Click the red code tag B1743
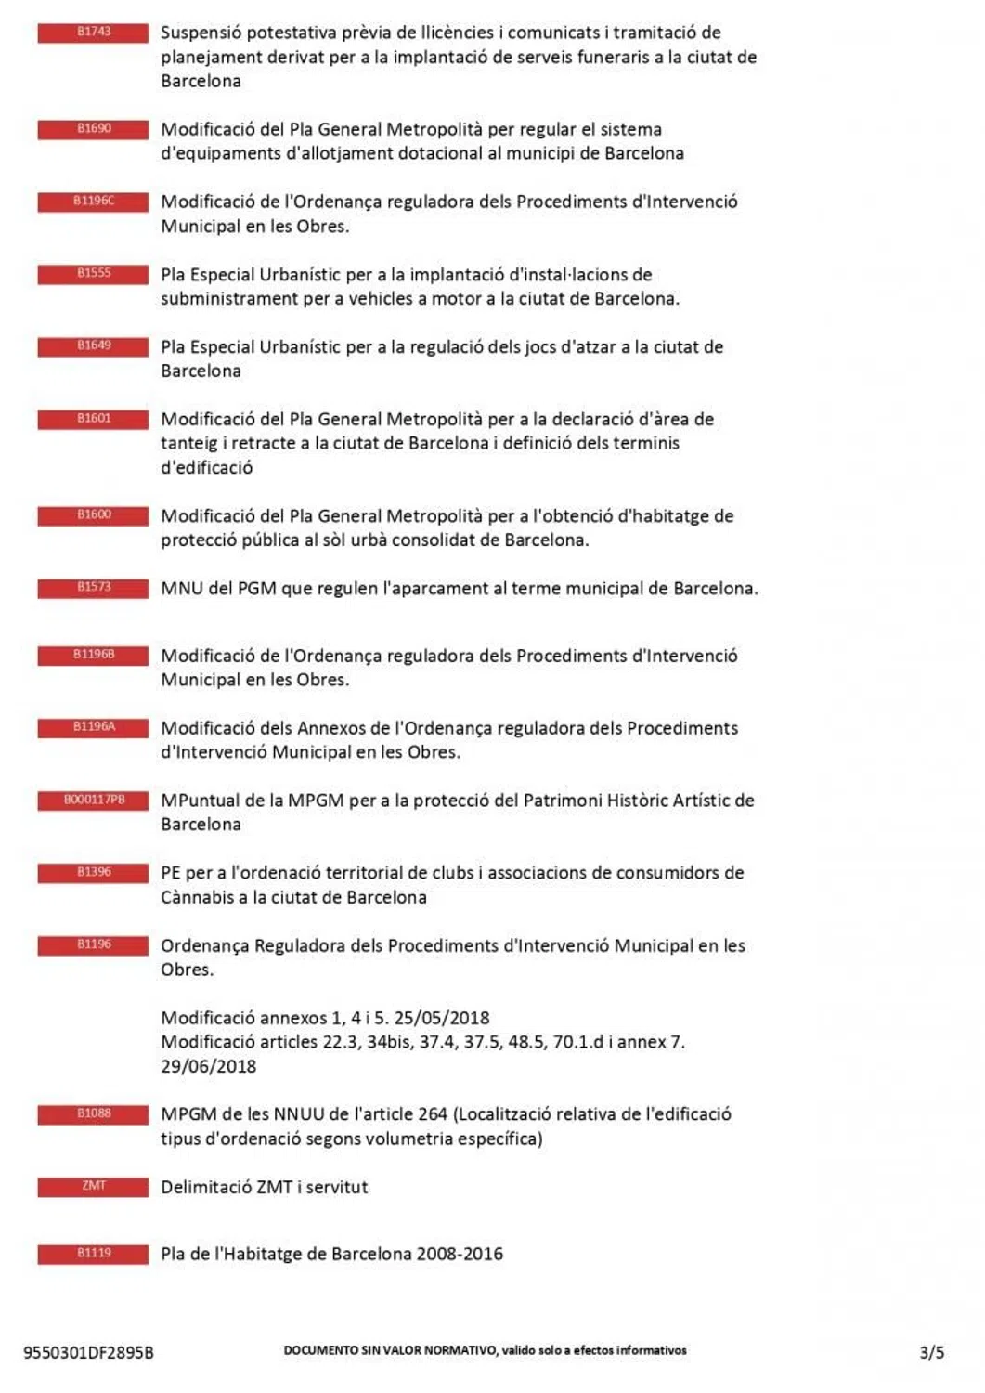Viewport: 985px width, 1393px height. pos(93,33)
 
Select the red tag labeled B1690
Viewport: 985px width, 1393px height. pos(93,129)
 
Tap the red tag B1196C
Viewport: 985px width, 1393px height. pos(93,202)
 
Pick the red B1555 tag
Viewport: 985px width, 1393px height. pos(93,274)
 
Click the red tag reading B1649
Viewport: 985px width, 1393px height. pos(93,346)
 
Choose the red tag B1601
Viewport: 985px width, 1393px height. pos(93,419)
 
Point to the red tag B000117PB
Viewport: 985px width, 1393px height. pos(93,801)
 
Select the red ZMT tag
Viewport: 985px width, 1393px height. pos(93,1187)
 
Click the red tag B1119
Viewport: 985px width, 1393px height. pos(93,1254)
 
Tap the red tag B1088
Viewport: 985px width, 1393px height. pos(93,1114)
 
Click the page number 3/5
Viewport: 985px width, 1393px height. pos(931,1352)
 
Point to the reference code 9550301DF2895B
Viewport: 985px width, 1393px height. pos(88,1353)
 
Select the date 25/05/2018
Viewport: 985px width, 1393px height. pos(442,1018)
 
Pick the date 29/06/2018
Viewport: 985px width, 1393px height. pos(208,1066)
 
